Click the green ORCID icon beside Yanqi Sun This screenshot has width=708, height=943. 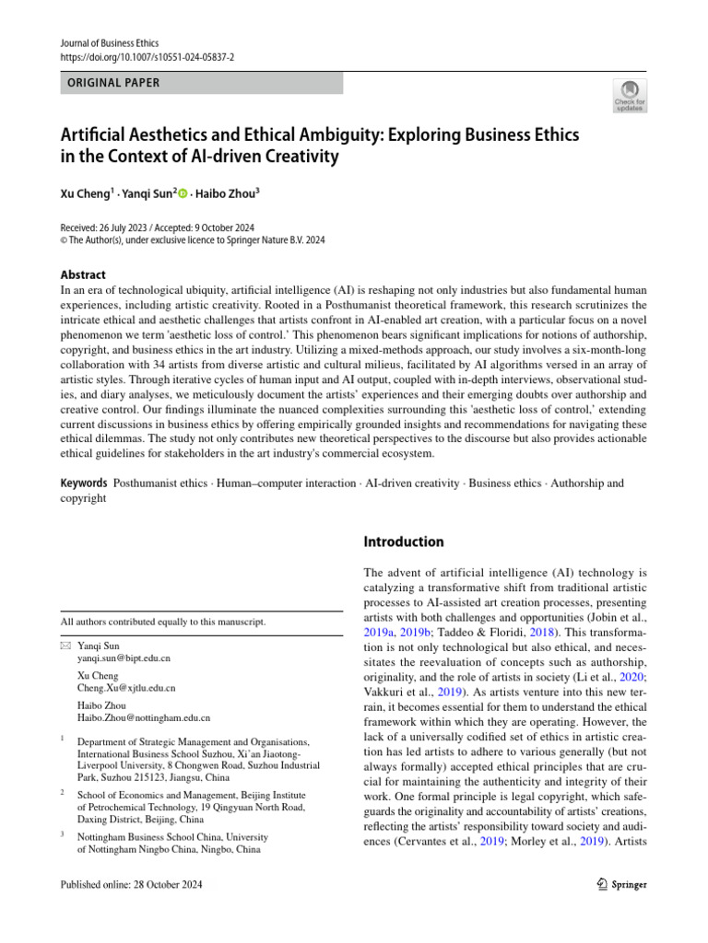coord(183,193)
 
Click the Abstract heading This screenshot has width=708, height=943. coord(83,274)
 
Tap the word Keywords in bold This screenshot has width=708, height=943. coord(84,483)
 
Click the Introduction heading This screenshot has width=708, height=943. coord(405,541)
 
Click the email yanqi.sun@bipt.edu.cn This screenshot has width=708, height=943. coord(124,658)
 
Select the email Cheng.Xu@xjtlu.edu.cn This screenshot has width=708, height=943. coord(126,687)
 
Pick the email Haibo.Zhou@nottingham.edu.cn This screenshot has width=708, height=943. coord(144,716)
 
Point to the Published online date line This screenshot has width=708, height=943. coord(131,885)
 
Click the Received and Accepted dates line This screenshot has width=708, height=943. coord(158,227)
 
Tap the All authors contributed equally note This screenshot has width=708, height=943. coord(163,622)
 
